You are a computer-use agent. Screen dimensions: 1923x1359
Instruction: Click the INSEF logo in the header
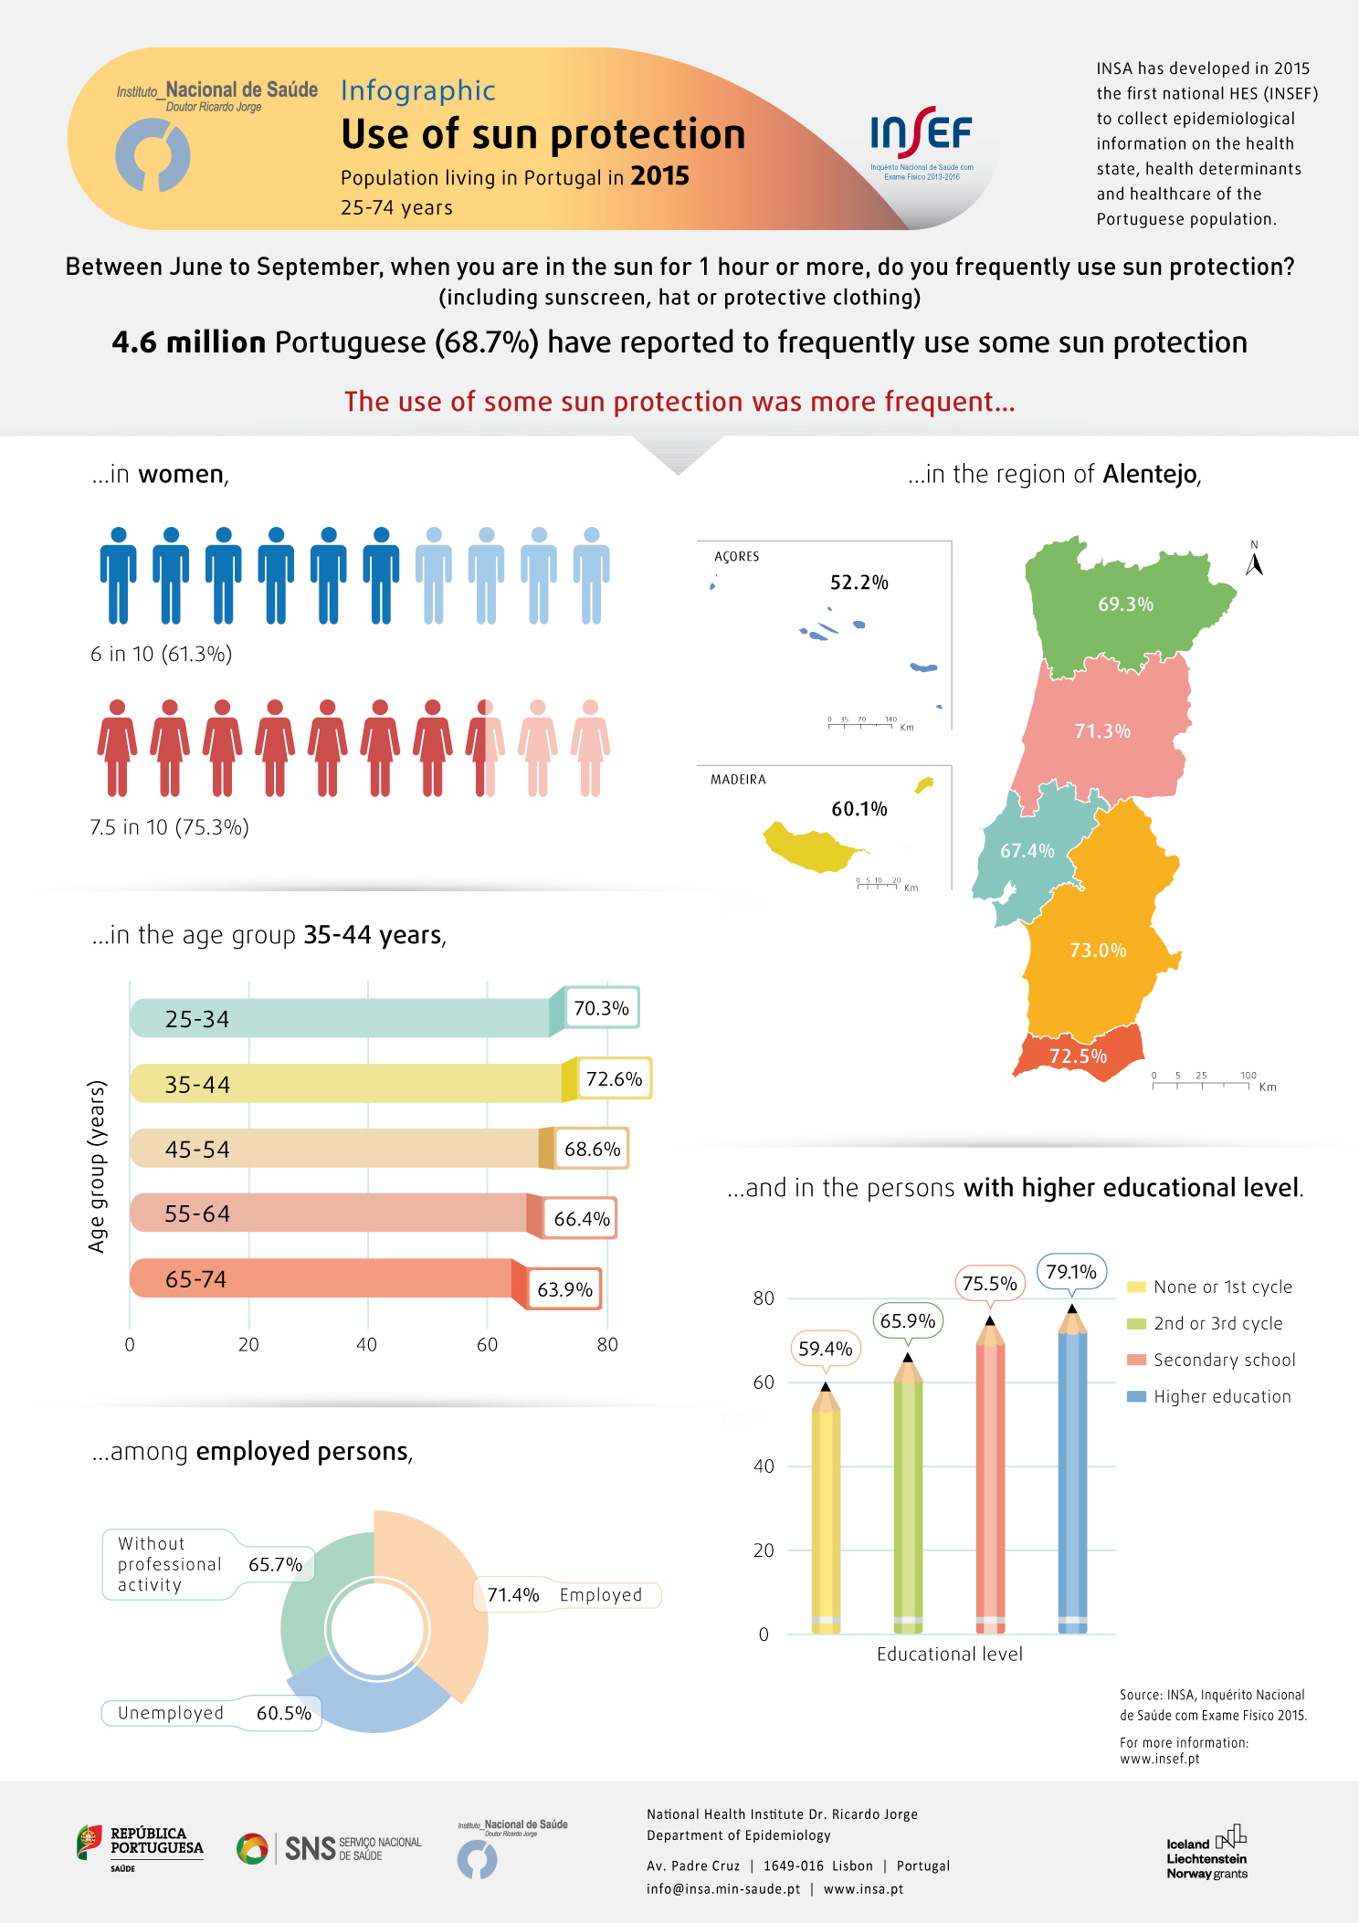(x=921, y=141)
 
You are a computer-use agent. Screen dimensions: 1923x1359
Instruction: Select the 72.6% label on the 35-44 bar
(x=614, y=1079)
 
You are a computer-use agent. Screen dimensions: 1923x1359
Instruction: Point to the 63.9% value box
(x=564, y=1289)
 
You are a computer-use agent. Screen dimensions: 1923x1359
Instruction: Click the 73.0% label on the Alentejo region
(x=1098, y=951)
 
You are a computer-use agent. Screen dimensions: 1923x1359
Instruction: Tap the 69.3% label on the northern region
(x=1125, y=604)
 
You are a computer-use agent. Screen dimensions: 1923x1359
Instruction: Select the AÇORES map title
(x=737, y=556)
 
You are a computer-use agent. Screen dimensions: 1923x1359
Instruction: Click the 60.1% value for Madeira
(x=859, y=809)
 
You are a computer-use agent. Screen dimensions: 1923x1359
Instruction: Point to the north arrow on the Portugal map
(x=1254, y=560)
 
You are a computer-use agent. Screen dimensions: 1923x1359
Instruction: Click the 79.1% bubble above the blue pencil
(x=1071, y=1272)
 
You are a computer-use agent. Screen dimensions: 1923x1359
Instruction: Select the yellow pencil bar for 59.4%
(x=826, y=1516)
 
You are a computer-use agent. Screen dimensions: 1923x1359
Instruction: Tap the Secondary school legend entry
(x=1212, y=1360)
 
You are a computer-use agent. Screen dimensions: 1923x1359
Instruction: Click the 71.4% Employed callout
(x=566, y=1595)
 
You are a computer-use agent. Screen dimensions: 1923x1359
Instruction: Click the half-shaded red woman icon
(x=485, y=747)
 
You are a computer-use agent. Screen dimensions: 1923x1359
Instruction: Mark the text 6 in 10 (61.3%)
(x=161, y=654)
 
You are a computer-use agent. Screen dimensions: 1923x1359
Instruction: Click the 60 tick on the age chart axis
(x=487, y=1344)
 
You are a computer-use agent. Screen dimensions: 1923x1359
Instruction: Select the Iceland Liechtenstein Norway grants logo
(x=1207, y=1854)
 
